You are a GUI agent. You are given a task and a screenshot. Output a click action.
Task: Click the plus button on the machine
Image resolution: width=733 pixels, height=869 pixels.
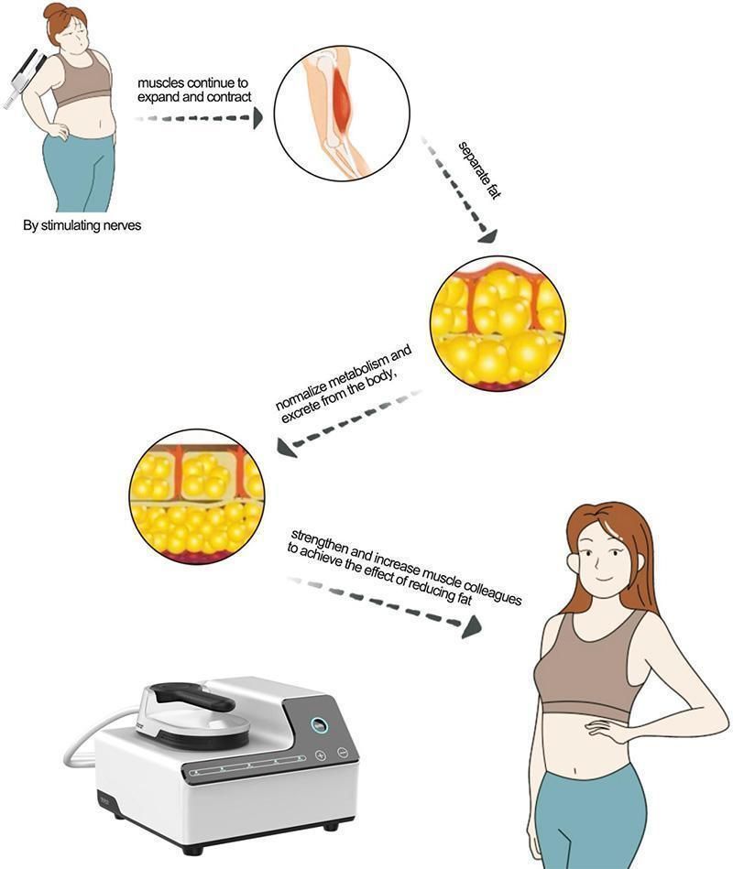(x=321, y=755)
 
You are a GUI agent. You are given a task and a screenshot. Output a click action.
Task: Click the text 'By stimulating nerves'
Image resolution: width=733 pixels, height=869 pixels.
(x=82, y=224)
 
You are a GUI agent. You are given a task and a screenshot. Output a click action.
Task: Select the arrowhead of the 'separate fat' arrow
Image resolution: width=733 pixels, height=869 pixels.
(x=487, y=236)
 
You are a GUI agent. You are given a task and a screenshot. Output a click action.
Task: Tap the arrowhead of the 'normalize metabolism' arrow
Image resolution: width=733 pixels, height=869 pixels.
(x=285, y=448)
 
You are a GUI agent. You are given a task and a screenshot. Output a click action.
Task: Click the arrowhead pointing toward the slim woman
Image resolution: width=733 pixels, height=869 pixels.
(x=471, y=626)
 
